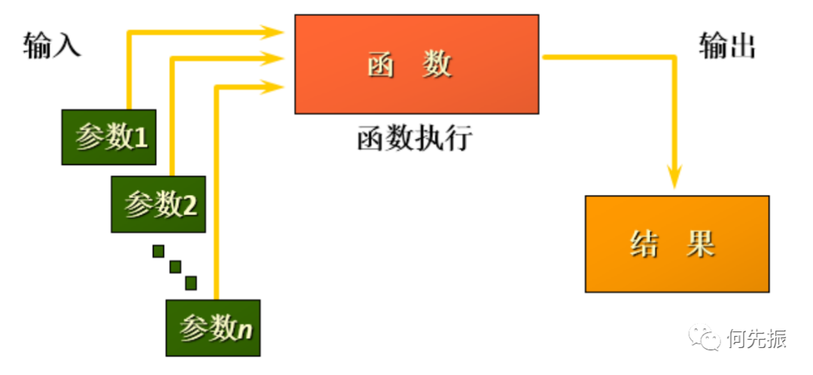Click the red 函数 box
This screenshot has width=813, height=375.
tap(416, 64)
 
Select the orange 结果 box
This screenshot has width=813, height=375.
tap(677, 243)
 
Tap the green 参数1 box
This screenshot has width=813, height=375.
tap(108, 137)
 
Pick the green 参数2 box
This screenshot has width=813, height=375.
tap(157, 203)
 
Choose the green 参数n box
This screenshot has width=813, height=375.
tap(213, 328)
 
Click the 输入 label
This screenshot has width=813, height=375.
tap(52, 47)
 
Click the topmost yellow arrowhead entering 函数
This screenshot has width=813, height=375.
tap(273, 32)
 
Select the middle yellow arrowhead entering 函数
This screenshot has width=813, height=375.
tap(273, 56)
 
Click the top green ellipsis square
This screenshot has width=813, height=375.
tap(158, 251)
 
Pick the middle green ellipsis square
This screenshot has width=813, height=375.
tap(175, 267)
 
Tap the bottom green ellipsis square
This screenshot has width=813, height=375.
tap(190, 282)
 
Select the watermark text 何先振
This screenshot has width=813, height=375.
tap(757, 340)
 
